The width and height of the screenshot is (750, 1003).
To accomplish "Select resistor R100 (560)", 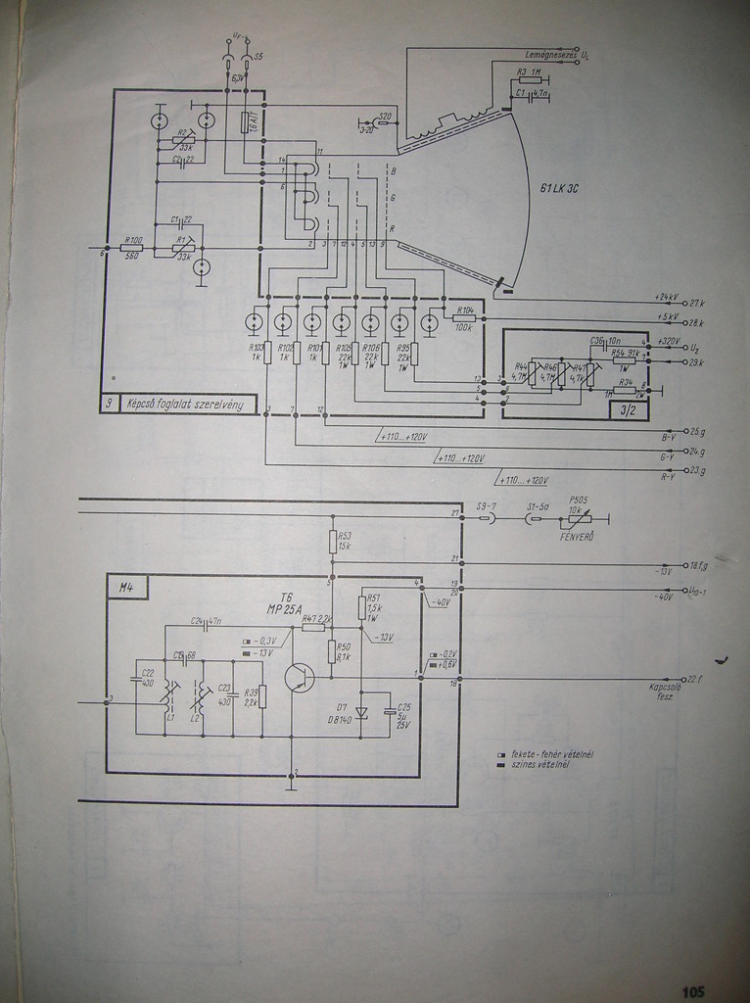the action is [132, 248].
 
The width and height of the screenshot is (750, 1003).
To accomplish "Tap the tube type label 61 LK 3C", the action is [558, 188].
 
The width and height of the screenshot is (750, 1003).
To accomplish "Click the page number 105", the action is [693, 991].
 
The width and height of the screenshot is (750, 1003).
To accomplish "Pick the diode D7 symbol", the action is [361, 713].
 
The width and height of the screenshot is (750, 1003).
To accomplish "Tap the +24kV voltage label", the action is [669, 297].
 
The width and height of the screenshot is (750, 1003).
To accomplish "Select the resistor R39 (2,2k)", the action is [261, 696].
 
